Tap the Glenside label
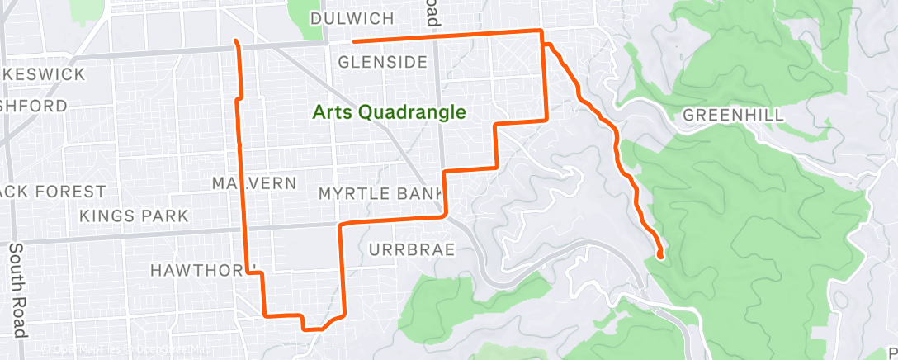pos(382,63)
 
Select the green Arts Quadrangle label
pos(390,112)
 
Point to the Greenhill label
pos(733,115)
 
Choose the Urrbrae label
pos(412,249)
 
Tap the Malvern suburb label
pos(253,183)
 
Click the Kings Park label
pos(134,216)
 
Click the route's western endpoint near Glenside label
pos(353,41)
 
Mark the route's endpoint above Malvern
pos(237,40)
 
